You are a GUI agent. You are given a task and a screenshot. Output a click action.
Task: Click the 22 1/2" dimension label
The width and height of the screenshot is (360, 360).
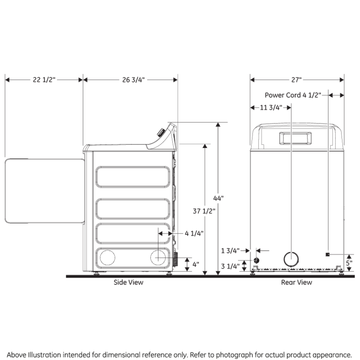[44, 80]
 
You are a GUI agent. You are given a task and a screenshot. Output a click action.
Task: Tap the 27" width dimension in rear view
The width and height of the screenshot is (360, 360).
[296, 80]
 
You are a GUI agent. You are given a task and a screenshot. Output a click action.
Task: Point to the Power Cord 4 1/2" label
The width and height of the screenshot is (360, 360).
[292, 95]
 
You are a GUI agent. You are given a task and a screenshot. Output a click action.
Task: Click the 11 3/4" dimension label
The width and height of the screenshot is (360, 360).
[271, 108]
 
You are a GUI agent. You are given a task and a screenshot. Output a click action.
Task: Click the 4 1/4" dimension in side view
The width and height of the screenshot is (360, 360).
[194, 233]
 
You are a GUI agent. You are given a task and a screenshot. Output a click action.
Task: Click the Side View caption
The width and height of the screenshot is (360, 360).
[128, 282]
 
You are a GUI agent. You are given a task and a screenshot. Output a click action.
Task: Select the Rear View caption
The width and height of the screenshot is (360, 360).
[297, 282]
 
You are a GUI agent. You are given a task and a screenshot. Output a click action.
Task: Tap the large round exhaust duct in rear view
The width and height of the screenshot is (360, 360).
[291, 260]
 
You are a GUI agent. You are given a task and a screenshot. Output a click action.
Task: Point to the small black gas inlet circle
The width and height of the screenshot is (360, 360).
[256, 261]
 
